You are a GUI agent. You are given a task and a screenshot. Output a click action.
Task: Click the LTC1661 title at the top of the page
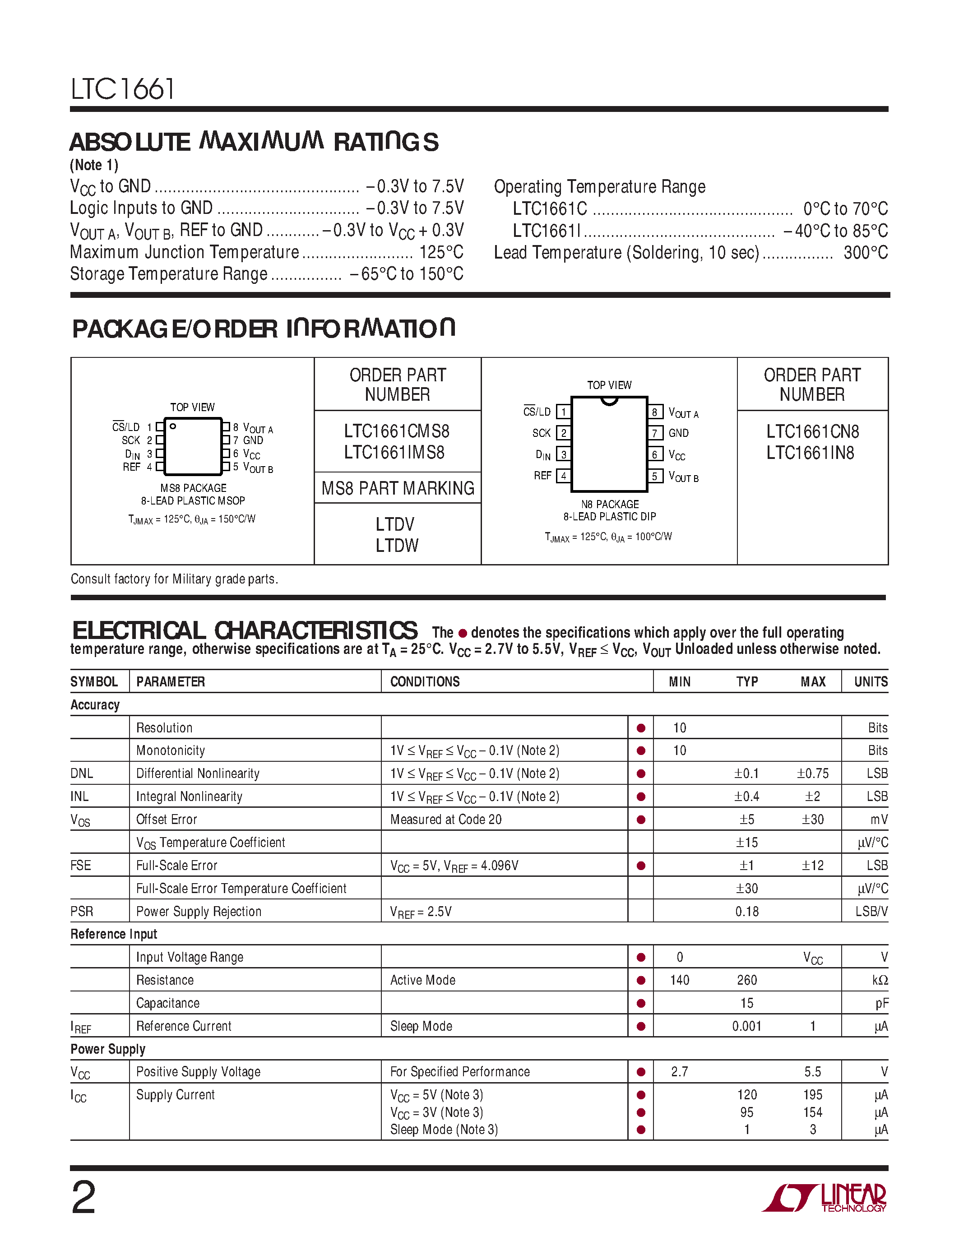(122, 89)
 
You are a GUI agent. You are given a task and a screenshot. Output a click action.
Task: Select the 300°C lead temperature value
(865, 252)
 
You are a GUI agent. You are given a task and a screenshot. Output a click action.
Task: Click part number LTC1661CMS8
(397, 431)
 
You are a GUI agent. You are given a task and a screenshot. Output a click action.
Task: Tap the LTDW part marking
(397, 546)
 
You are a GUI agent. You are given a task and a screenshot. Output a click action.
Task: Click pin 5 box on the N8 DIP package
(654, 476)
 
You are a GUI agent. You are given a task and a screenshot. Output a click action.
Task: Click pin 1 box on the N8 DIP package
(563, 412)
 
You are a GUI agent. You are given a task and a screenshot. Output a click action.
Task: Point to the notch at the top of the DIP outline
(609, 401)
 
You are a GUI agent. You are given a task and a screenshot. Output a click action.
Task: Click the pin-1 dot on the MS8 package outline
(173, 426)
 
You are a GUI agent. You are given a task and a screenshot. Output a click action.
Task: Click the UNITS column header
(871, 681)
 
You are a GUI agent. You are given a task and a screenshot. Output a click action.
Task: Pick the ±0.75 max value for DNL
(812, 773)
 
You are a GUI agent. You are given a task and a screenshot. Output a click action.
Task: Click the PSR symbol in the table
(82, 912)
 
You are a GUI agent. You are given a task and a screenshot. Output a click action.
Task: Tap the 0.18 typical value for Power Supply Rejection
(746, 912)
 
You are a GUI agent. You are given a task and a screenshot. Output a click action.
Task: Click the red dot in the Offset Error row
(641, 820)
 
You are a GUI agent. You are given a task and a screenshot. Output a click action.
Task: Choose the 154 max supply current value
(812, 1112)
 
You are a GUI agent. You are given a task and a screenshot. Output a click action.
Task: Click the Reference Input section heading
(114, 934)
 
